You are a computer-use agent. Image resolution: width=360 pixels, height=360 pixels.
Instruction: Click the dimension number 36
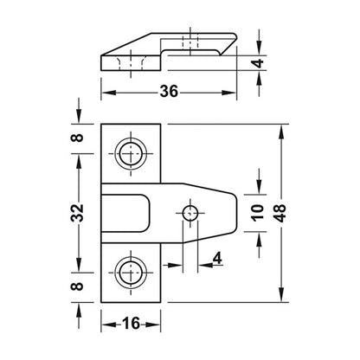(170, 92)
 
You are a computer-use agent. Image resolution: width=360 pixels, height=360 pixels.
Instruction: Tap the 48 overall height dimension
(280, 213)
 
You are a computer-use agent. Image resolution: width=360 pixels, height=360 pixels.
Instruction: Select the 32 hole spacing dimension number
(77, 213)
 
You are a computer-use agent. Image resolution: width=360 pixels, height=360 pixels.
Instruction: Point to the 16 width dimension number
(132, 324)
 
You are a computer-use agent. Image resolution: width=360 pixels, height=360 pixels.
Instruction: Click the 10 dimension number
(257, 213)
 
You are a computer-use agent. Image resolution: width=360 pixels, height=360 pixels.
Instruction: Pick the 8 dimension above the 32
(77, 138)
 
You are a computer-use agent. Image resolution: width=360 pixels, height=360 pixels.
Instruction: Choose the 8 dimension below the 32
(77, 286)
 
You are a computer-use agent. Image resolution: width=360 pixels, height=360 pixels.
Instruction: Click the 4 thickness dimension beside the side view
(258, 63)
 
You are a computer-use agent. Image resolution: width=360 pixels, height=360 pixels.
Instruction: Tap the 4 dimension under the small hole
(217, 258)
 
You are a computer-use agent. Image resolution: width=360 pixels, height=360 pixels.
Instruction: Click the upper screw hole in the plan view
(131, 153)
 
